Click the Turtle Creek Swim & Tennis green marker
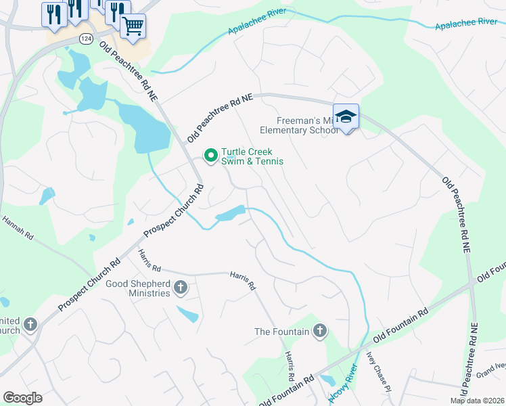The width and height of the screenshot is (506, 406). (x=210, y=156)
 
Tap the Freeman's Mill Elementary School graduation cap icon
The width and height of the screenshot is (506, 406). (x=346, y=117)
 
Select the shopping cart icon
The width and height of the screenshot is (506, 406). (x=133, y=26)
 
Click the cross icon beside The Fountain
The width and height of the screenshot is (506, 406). (x=319, y=331)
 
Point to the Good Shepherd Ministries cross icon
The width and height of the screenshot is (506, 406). (x=180, y=288)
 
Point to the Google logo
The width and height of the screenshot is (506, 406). (x=22, y=398)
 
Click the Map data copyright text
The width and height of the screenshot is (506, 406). (x=477, y=401)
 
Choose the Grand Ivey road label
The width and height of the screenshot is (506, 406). (x=490, y=368)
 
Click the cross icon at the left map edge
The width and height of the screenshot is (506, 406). (x=29, y=325)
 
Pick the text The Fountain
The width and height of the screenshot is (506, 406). (x=281, y=332)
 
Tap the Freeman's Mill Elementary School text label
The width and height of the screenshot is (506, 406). (x=298, y=125)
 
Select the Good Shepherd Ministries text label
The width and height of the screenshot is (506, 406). (x=138, y=288)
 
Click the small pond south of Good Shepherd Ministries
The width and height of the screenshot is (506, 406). (x=187, y=314)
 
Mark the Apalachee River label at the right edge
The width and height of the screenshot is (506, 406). (x=466, y=22)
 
